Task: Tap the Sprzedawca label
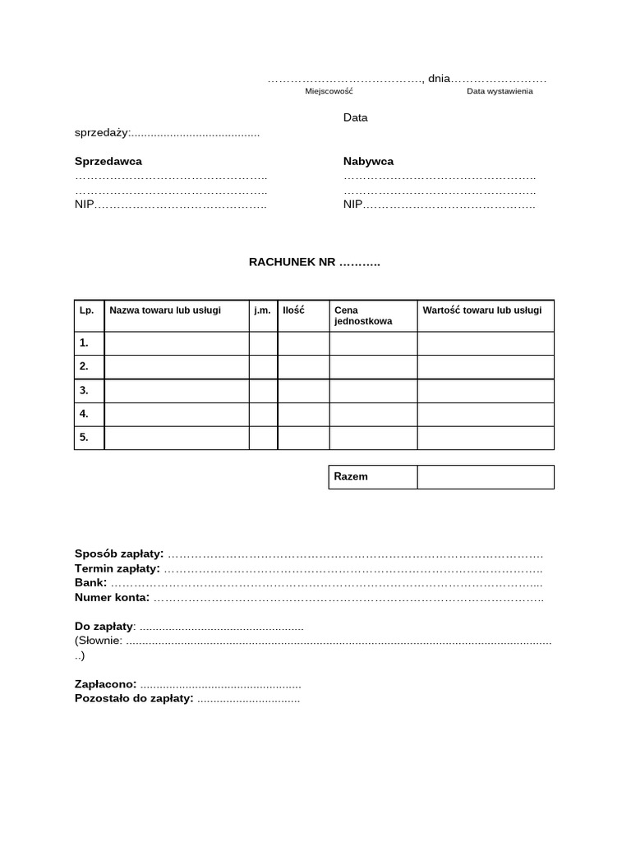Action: click(x=108, y=161)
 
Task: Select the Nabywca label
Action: click(x=368, y=161)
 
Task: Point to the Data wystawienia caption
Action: click(x=500, y=91)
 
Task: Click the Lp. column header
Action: click(x=87, y=310)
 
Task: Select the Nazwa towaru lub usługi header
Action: click(x=165, y=310)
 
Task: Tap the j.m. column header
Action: click(x=263, y=310)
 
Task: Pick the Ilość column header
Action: click(x=293, y=310)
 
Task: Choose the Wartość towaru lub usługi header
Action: click(x=482, y=310)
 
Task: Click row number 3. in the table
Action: click(x=84, y=390)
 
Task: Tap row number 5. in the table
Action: click(x=84, y=438)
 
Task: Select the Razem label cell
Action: click(x=351, y=476)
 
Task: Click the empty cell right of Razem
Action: click(x=486, y=476)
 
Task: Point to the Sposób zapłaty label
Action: click(x=119, y=554)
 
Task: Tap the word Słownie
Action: click(x=100, y=641)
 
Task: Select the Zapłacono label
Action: click(x=105, y=684)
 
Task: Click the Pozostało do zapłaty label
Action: click(x=134, y=699)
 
